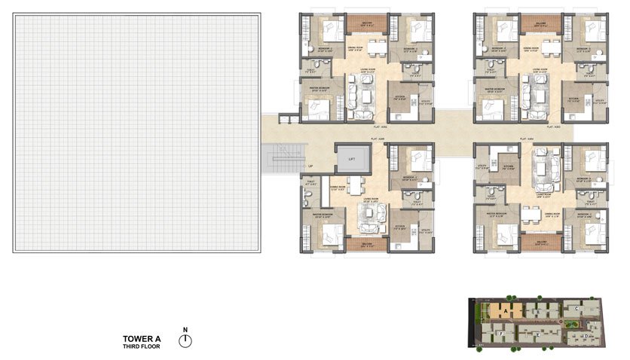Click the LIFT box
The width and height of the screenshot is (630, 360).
[x=352, y=159]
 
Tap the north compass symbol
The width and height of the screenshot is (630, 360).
[x=185, y=340]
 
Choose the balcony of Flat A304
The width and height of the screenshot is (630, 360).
[x=540, y=243]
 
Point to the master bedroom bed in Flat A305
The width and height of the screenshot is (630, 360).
[x=327, y=234]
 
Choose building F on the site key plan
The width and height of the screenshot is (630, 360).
[x=501, y=332]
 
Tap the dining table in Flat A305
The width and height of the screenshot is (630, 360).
[x=357, y=185]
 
